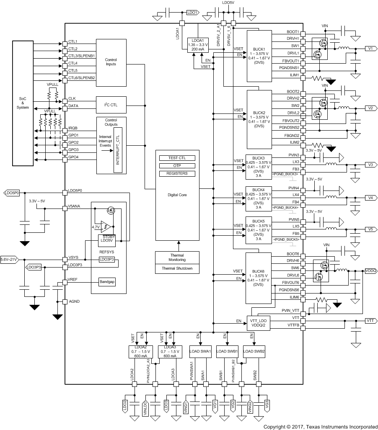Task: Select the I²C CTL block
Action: (x=111, y=104)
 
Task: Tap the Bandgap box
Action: (x=106, y=282)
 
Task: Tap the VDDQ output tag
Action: (x=370, y=270)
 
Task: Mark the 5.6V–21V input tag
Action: (x=9, y=260)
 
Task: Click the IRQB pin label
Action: (x=73, y=128)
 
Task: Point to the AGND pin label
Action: (x=74, y=301)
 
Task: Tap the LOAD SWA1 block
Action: (x=200, y=351)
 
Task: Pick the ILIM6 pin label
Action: (x=293, y=297)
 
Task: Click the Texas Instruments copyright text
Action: (x=320, y=427)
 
